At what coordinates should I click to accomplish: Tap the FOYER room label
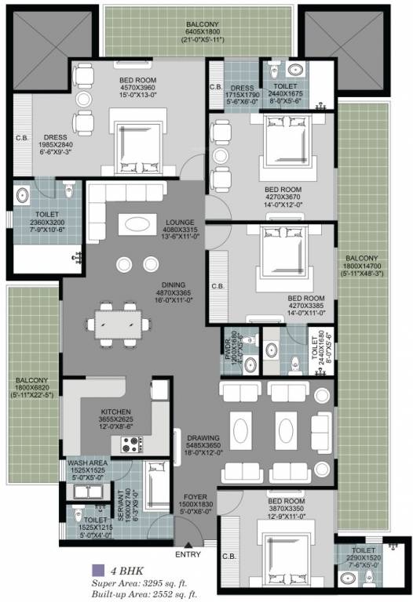click(x=196, y=495)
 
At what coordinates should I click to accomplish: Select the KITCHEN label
click(x=115, y=412)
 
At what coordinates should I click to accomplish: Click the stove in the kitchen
click(x=130, y=444)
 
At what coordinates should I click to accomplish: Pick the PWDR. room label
click(x=228, y=344)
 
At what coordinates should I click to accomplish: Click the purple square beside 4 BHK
click(x=97, y=570)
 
